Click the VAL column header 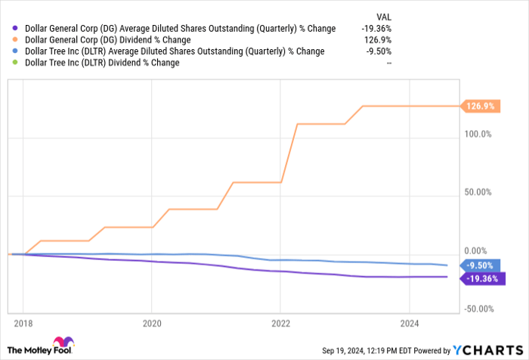384,16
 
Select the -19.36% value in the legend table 377,29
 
